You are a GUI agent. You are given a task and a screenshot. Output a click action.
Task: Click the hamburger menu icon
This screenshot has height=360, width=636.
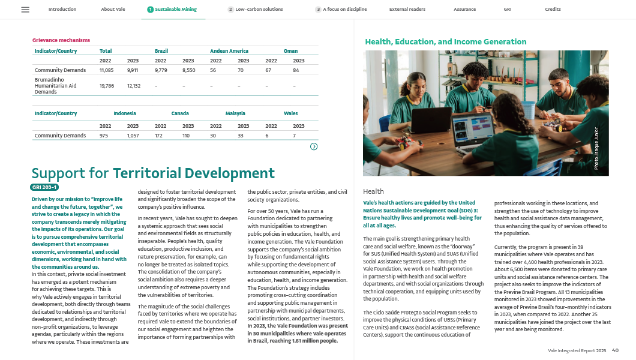tap(25, 10)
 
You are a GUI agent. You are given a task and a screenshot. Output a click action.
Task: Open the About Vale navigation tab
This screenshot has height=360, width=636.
tap(113, 10)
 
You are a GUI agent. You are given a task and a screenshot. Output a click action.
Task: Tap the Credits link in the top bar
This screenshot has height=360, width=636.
tap(553, 10)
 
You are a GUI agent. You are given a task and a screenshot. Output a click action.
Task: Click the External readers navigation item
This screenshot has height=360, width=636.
tap(407, 10)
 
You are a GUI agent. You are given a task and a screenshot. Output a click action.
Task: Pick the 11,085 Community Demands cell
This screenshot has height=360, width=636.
tap(106, 70)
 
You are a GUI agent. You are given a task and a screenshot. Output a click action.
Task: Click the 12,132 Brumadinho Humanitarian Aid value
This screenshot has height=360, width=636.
tap(133, 86)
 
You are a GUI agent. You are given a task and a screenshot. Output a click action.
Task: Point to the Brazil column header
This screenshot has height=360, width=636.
tap(161, 51)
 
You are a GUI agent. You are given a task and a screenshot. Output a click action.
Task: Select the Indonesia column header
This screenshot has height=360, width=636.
tap(125, 113)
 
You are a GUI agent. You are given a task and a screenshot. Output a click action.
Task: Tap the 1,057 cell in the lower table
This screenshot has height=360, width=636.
tap(133, 136)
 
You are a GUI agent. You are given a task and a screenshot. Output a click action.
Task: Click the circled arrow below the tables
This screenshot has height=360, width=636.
tap(314, 146)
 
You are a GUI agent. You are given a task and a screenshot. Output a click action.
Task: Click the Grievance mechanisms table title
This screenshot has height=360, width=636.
tap(61, 40)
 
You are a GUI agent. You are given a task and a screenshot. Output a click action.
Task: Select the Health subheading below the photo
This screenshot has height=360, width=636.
tap(374, 191)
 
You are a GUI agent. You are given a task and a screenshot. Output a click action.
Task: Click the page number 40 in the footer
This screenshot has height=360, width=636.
tap(615, 350)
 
